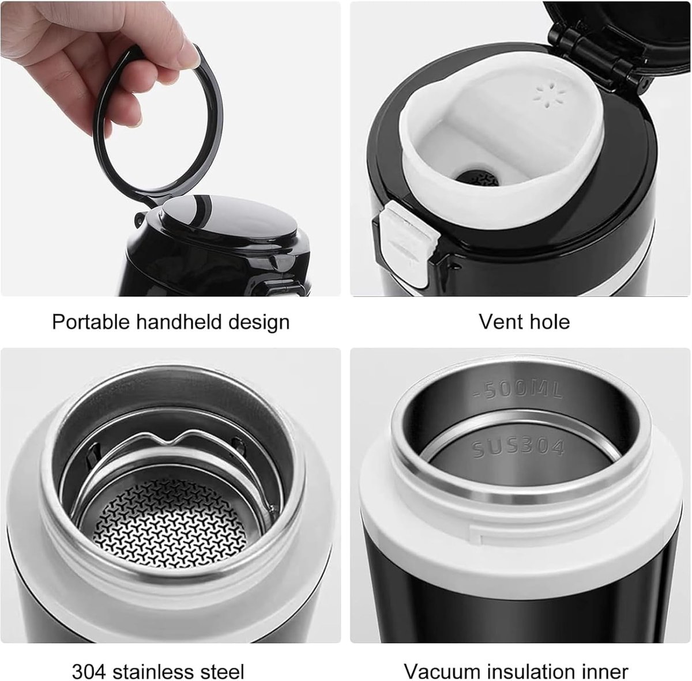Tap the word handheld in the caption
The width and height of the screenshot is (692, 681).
tap(179, 322)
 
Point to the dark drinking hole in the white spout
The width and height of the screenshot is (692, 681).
tap(478, 179)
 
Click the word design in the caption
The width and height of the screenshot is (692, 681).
tap(259, 322)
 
